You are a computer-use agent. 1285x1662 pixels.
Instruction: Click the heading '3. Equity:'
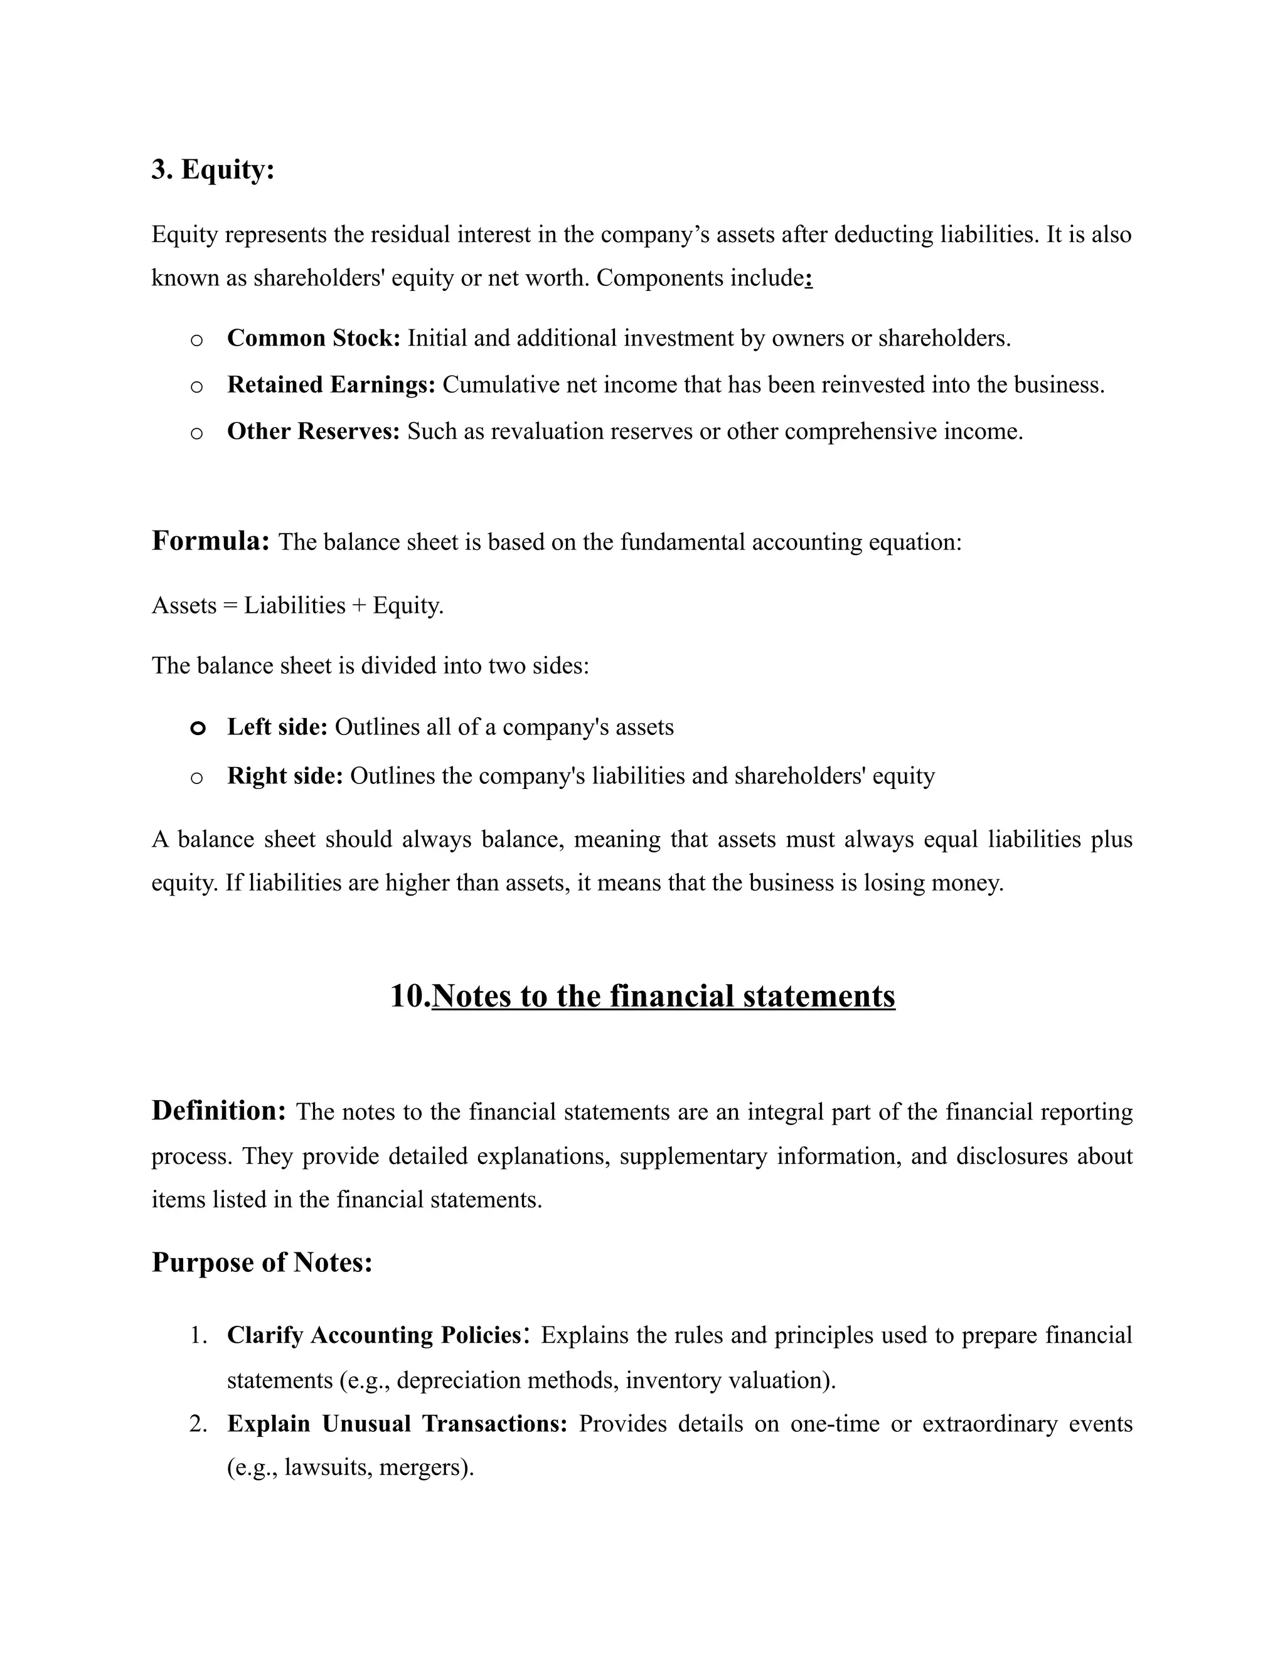click(x=213, y=169)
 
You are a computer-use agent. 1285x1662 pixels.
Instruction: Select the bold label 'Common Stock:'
click(x=313, y=338)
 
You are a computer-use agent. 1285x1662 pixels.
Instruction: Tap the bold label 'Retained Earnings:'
click(x=331, y=385)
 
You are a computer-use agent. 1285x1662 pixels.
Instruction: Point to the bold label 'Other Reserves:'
click(x=313, y=431)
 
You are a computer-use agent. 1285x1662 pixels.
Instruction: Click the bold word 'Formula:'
click(x=211, y=541)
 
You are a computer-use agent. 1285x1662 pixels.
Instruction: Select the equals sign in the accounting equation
click(x=230, y=606)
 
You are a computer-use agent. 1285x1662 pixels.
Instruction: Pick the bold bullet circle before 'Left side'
click(x=197, y=728)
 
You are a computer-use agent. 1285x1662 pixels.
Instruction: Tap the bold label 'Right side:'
click(x=285, y=776)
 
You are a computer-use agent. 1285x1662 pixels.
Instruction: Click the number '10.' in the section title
click(x=410, y=996)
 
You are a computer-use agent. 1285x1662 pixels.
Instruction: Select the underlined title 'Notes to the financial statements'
click(x=663, y=996)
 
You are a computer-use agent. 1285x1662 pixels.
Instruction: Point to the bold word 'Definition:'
click(x=218, y=1111)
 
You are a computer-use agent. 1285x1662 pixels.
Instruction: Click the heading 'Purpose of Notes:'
click(x=262, y=1262)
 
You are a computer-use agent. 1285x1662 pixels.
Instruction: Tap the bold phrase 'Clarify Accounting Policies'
click(x=374, y=1335)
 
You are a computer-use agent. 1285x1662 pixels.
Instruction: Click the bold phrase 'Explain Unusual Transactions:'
click(x=397, y=1424)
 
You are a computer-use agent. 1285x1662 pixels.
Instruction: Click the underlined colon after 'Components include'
click(x=808, y=278)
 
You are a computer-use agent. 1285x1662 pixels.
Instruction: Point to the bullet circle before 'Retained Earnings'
click(x=196, y=386)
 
